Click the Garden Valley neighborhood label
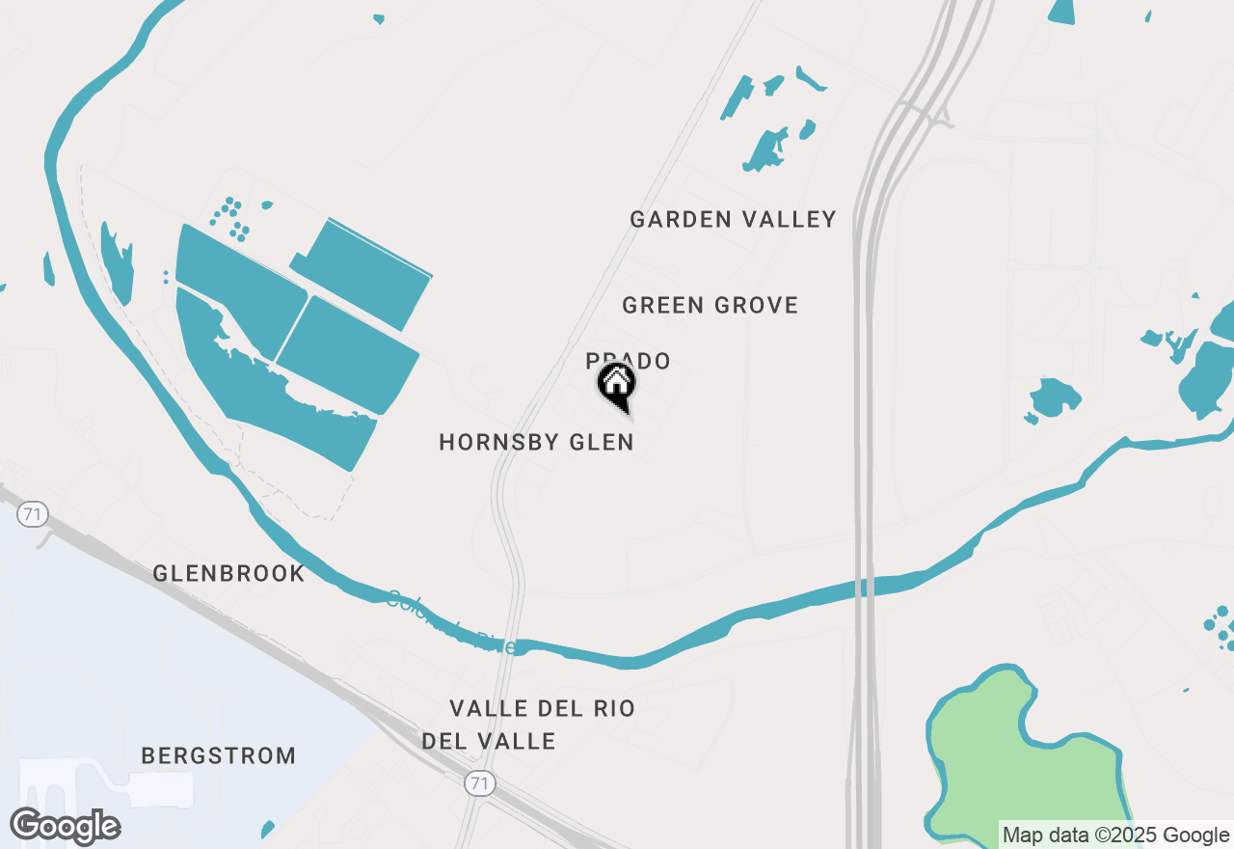[x=733, y=220]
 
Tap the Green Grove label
[x=710, y=306]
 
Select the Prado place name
[x=628, y=361]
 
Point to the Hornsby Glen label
[x=536, y=443]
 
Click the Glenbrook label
[x=228, y=574]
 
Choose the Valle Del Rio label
[x=542, y=709]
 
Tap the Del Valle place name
[x=489, y=741]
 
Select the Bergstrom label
[x=219, y=755]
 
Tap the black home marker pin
[x=617, y=387]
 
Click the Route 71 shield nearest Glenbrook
[x=33, y=514]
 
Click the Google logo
[x=66, y=826]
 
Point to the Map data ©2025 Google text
[x=1115, y=835]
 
